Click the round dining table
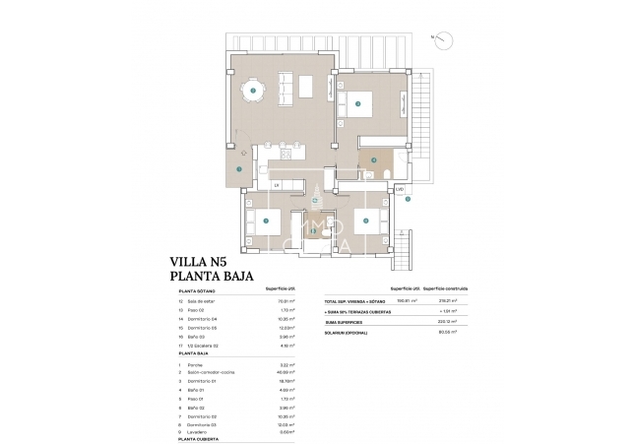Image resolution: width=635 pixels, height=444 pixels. pyautogui.click(x=253, y=91)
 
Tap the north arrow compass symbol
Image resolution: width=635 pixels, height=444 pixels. pyautogui.click(x=443, y=39)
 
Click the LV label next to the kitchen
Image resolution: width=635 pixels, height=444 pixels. pyautogui.click(x=277, y=185)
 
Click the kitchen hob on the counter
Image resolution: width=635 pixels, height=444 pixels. pyautogui.click(x=286, y=155)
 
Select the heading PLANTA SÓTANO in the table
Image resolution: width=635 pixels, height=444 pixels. pyautogui.click(x=198, y=291)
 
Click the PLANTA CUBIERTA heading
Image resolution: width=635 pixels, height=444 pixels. pyautogui.click(x=199, y=438)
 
